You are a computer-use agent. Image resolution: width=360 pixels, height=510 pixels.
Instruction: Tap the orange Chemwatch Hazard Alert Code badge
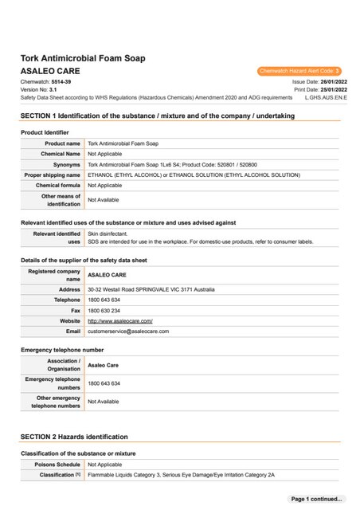(x=299, y=71)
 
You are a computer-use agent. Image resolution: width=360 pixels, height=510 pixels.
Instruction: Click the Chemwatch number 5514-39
(x=62, y=82)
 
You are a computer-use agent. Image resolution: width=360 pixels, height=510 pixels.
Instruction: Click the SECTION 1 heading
(x=157, y=116)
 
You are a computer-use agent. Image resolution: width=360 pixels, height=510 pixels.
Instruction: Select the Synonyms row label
(x=63, y=163)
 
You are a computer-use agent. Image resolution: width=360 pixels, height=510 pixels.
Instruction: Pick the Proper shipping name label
(x=53, y=174)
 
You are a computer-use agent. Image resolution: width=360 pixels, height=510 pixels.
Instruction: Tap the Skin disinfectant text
(x=108, y=233)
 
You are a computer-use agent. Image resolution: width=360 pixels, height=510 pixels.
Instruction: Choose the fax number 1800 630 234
(x=104, y=310)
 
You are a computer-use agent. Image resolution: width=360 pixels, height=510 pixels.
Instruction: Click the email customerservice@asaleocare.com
(x=128, y=331)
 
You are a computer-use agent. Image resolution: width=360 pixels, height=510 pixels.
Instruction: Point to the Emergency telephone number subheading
(x=62, y=350)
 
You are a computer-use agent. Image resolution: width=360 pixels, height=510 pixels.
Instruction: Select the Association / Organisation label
(x=65, y=364)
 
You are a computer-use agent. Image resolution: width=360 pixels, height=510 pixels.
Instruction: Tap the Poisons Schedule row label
(x=57, y=464)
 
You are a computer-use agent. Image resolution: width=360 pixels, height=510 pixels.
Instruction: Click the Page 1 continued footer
(x=317, y=499)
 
